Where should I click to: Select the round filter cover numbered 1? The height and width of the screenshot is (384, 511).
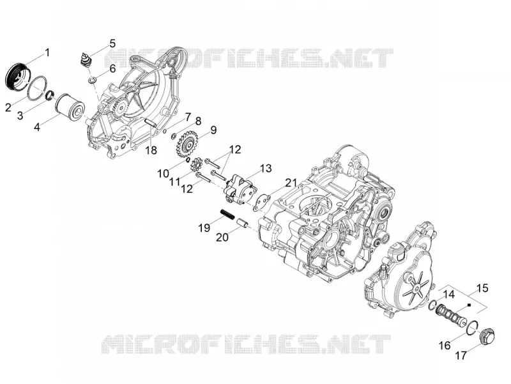click(x=18, y=76)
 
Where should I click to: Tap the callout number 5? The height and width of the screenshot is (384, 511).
click(x=112, y=43)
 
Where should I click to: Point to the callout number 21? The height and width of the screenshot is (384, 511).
click(x=291, y=183)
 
